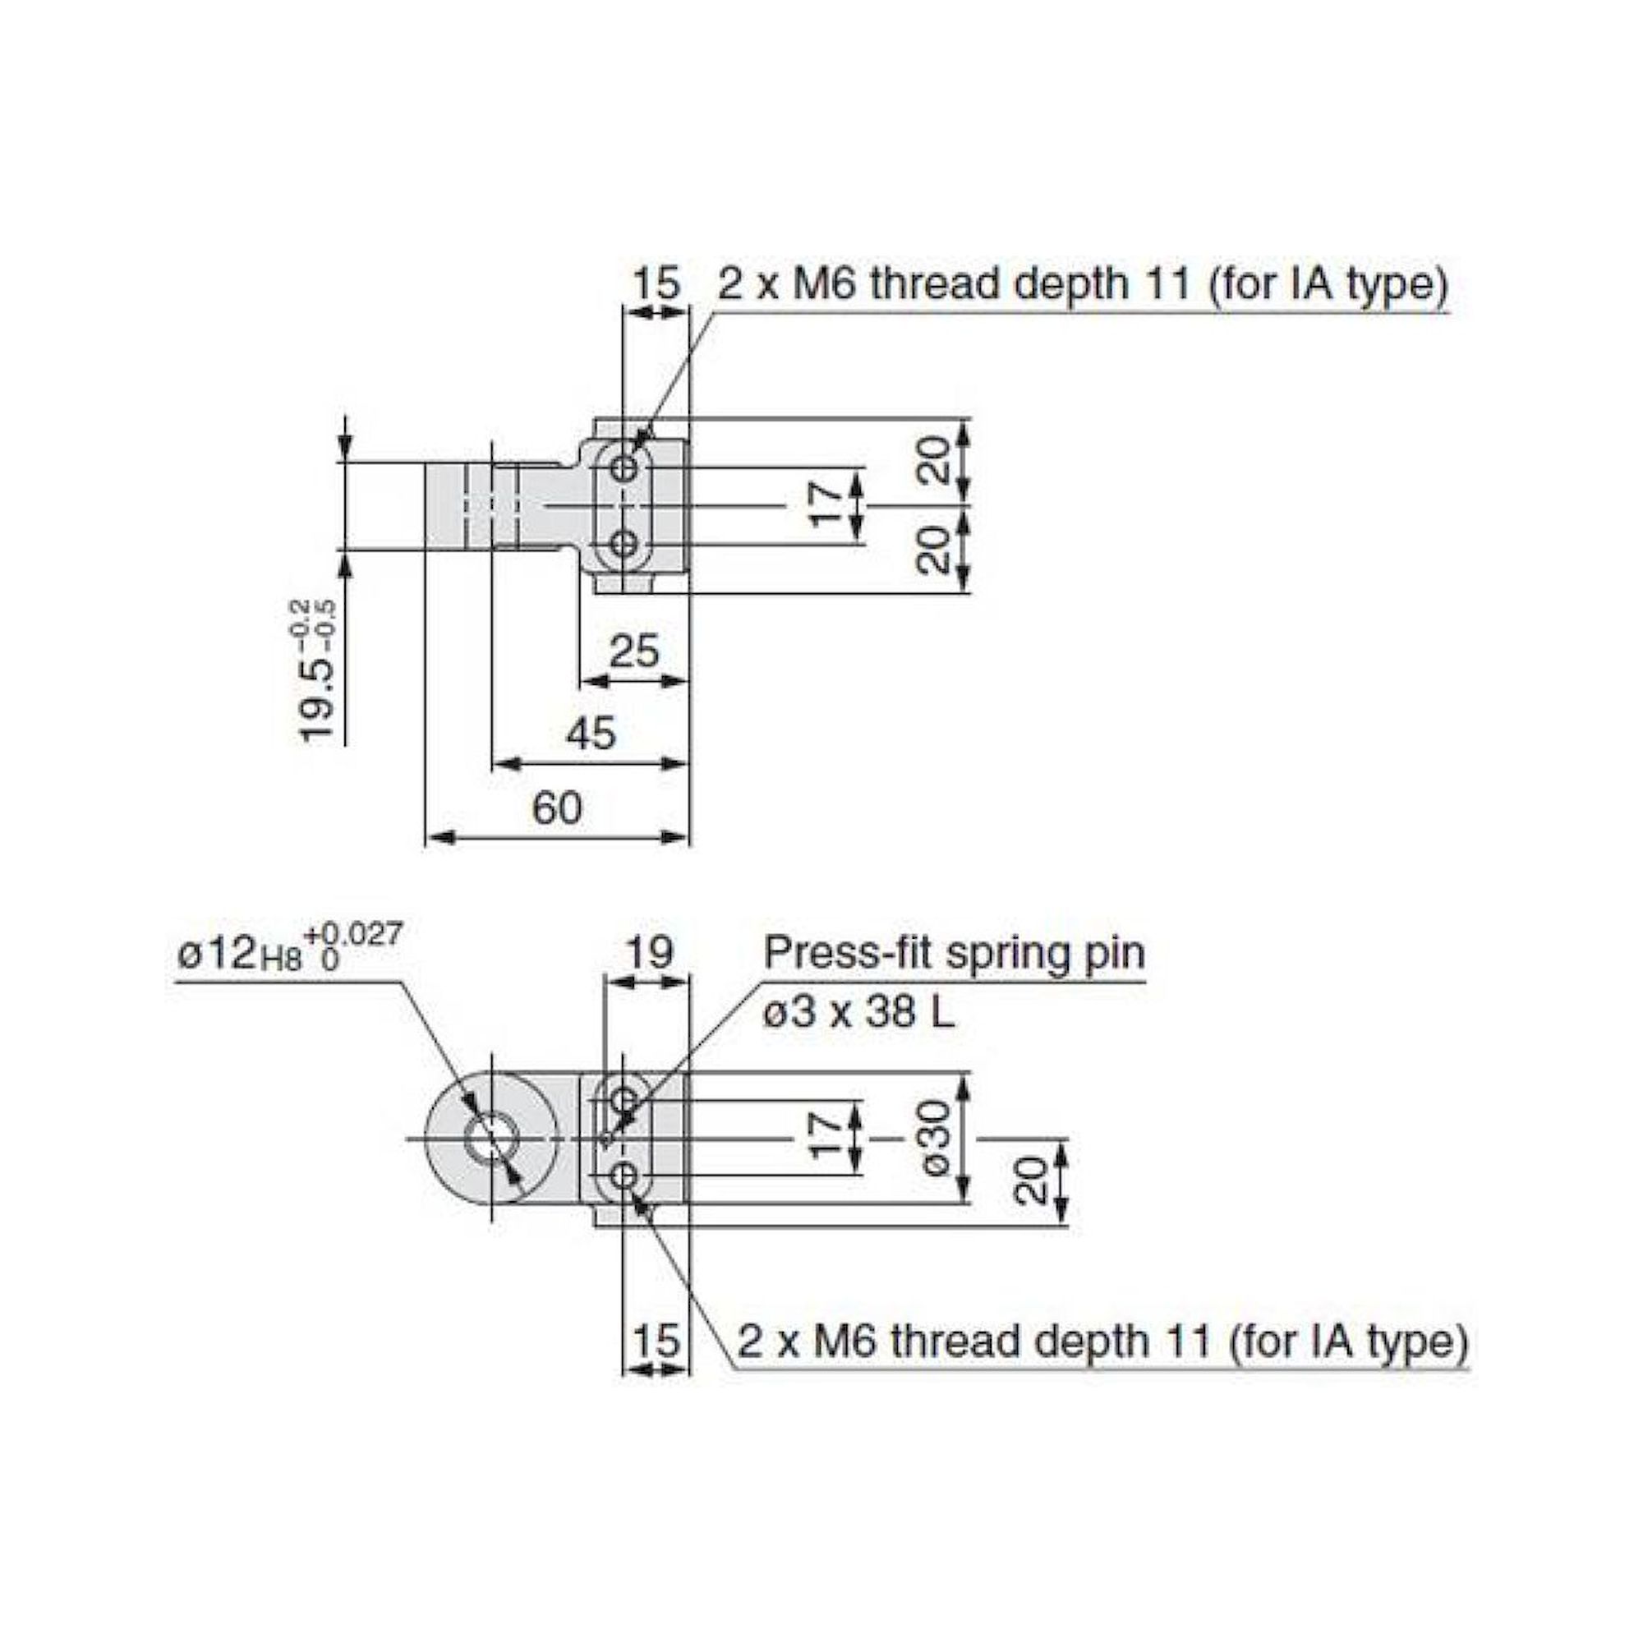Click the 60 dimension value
pos(557,807)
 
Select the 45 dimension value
pos(590,733)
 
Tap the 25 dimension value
pos(634,652)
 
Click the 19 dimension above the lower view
pos(650,953)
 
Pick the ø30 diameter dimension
pos(937,1138)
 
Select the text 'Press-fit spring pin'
pos(954,953)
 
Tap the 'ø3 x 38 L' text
pos(859,1012)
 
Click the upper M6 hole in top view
pos(626,467)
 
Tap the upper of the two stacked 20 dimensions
pos(935,460)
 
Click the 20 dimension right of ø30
pos(1031,1180)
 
